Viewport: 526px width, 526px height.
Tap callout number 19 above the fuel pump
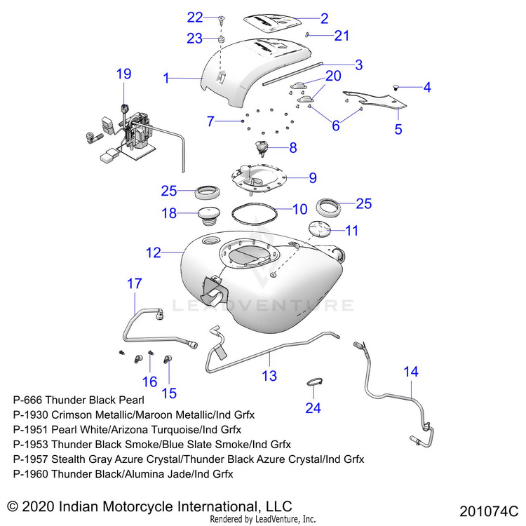tap(123, 74)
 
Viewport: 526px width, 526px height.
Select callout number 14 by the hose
tap(411, 372)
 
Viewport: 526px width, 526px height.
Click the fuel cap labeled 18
tap(207, 213)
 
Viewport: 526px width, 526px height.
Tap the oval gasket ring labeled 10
tap(252, 210)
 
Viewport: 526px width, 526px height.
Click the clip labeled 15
tap(168, 360)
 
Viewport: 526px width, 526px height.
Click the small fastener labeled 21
tap(307, 34)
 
